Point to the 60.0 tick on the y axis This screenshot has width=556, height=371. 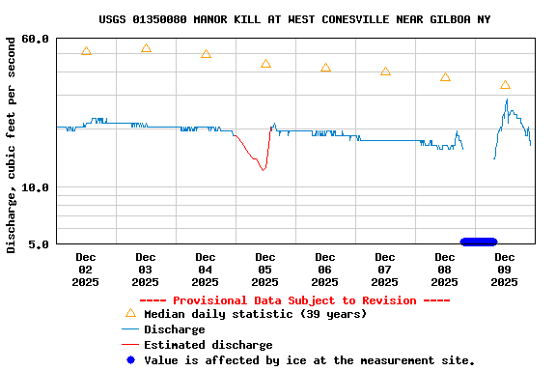tap(36, 39)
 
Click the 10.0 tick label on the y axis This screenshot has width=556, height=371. tap(36, 187)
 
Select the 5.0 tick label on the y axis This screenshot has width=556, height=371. tap(39, 243)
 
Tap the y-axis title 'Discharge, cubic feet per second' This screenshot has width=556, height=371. tap(12, 141)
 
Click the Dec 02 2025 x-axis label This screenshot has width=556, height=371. tap(85, 270)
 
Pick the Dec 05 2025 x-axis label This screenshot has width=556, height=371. tap(264, 270)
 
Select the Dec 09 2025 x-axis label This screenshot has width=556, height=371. tap(504, 270)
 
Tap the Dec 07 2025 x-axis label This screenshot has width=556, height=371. tap(384, 270)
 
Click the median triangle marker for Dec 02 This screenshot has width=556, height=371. tap(86, 51)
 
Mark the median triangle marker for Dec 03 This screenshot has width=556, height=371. tap(146, 48)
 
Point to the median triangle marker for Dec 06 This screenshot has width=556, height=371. tap(325, 68)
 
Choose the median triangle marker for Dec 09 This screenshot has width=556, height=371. tap(505, 85)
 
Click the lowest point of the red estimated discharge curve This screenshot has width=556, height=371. tap(263, 171)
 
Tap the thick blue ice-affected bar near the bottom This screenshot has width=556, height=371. tap(479, 242)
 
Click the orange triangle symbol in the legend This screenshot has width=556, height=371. tap(130, 313)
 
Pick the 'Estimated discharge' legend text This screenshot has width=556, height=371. tap(208, 345)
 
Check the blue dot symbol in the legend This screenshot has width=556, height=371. tap(130, 360)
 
